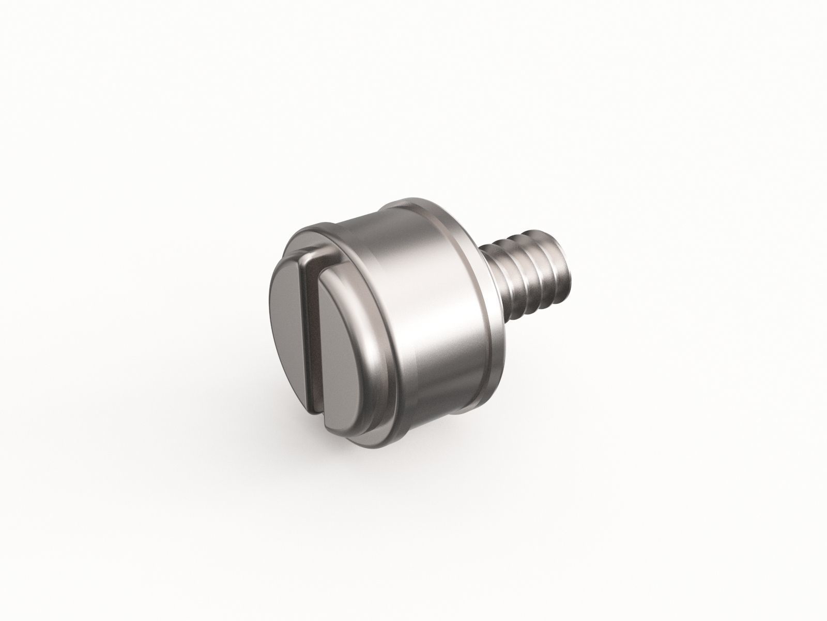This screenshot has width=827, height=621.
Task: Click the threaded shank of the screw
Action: pos(522,274)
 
